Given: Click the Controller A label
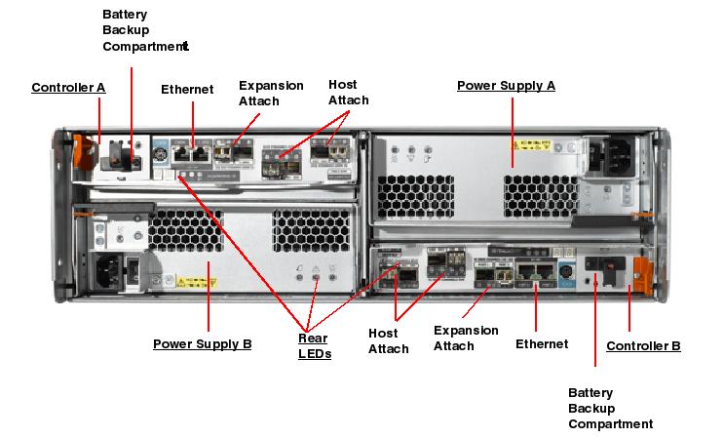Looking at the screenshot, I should tap(68, 88).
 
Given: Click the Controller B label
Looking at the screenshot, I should tap(643, 346).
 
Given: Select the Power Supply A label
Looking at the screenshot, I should tap(506, 86).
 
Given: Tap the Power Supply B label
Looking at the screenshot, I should tap(203, 344).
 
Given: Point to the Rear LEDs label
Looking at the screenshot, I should tap(314, 346).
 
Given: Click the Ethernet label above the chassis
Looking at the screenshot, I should tap(187, 90).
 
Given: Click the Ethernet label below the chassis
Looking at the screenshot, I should tap(542, 344).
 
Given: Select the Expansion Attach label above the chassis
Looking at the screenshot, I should tap(271, 93).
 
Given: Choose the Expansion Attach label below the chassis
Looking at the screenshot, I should tap(466, 338).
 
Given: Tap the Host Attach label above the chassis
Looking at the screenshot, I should tap(349, 93).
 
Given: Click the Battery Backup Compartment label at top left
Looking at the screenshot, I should tap(144, 29).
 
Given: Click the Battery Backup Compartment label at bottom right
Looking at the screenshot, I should tap(610, 408).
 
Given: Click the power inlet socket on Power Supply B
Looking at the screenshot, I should tap(110, 267).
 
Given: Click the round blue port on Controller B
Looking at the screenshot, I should tap(563, 266).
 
